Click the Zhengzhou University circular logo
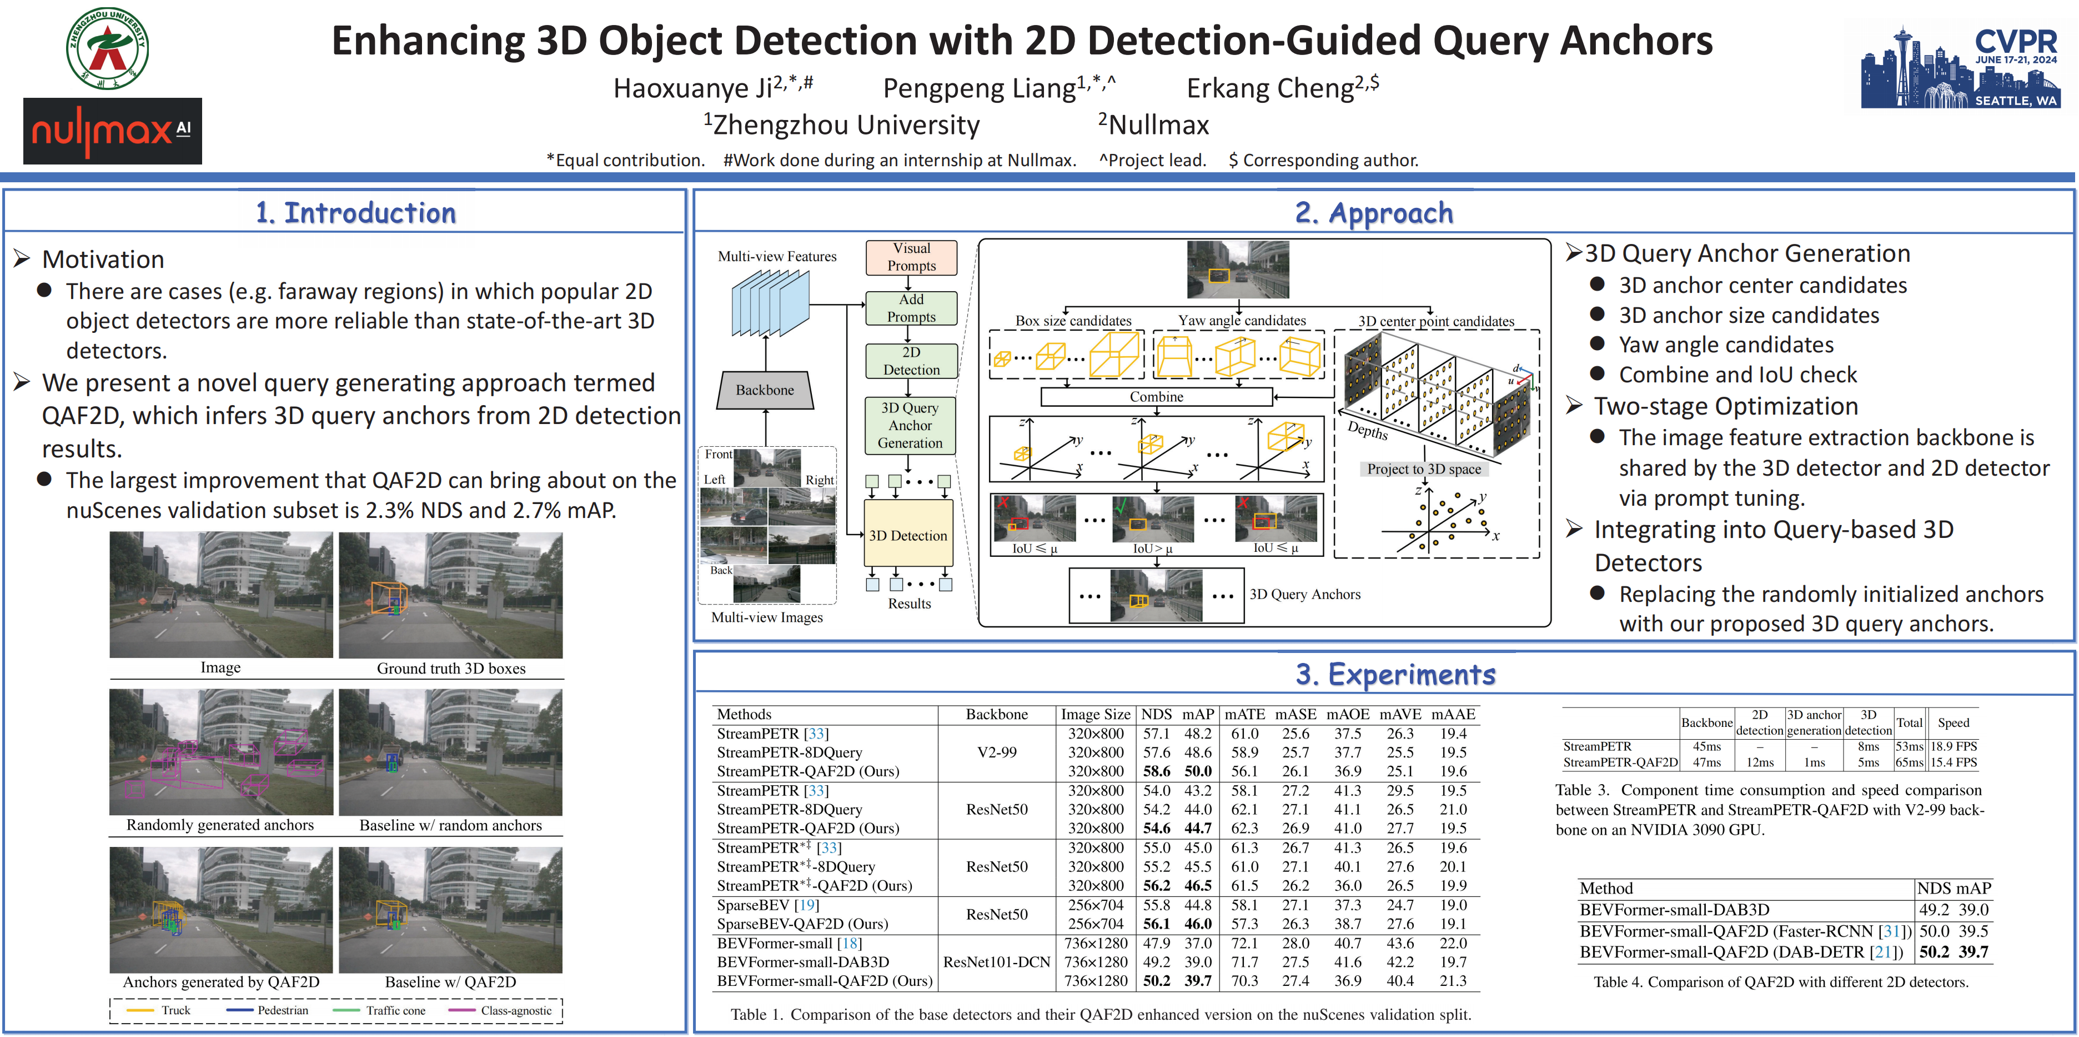(107, 48)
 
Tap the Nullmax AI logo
(112, 131)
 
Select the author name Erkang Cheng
(1282, 87)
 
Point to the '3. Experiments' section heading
(1395, 674)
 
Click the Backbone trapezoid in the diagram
(764, 390)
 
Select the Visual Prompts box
(911, 257)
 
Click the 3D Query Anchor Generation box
(910, 425)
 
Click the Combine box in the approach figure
(1156, 397)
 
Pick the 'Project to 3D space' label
(1424, 469)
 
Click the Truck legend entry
(175, 1010)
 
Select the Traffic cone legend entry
(395, 1010)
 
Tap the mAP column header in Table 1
(1198, 714)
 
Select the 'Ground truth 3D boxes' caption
(451, 668)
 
